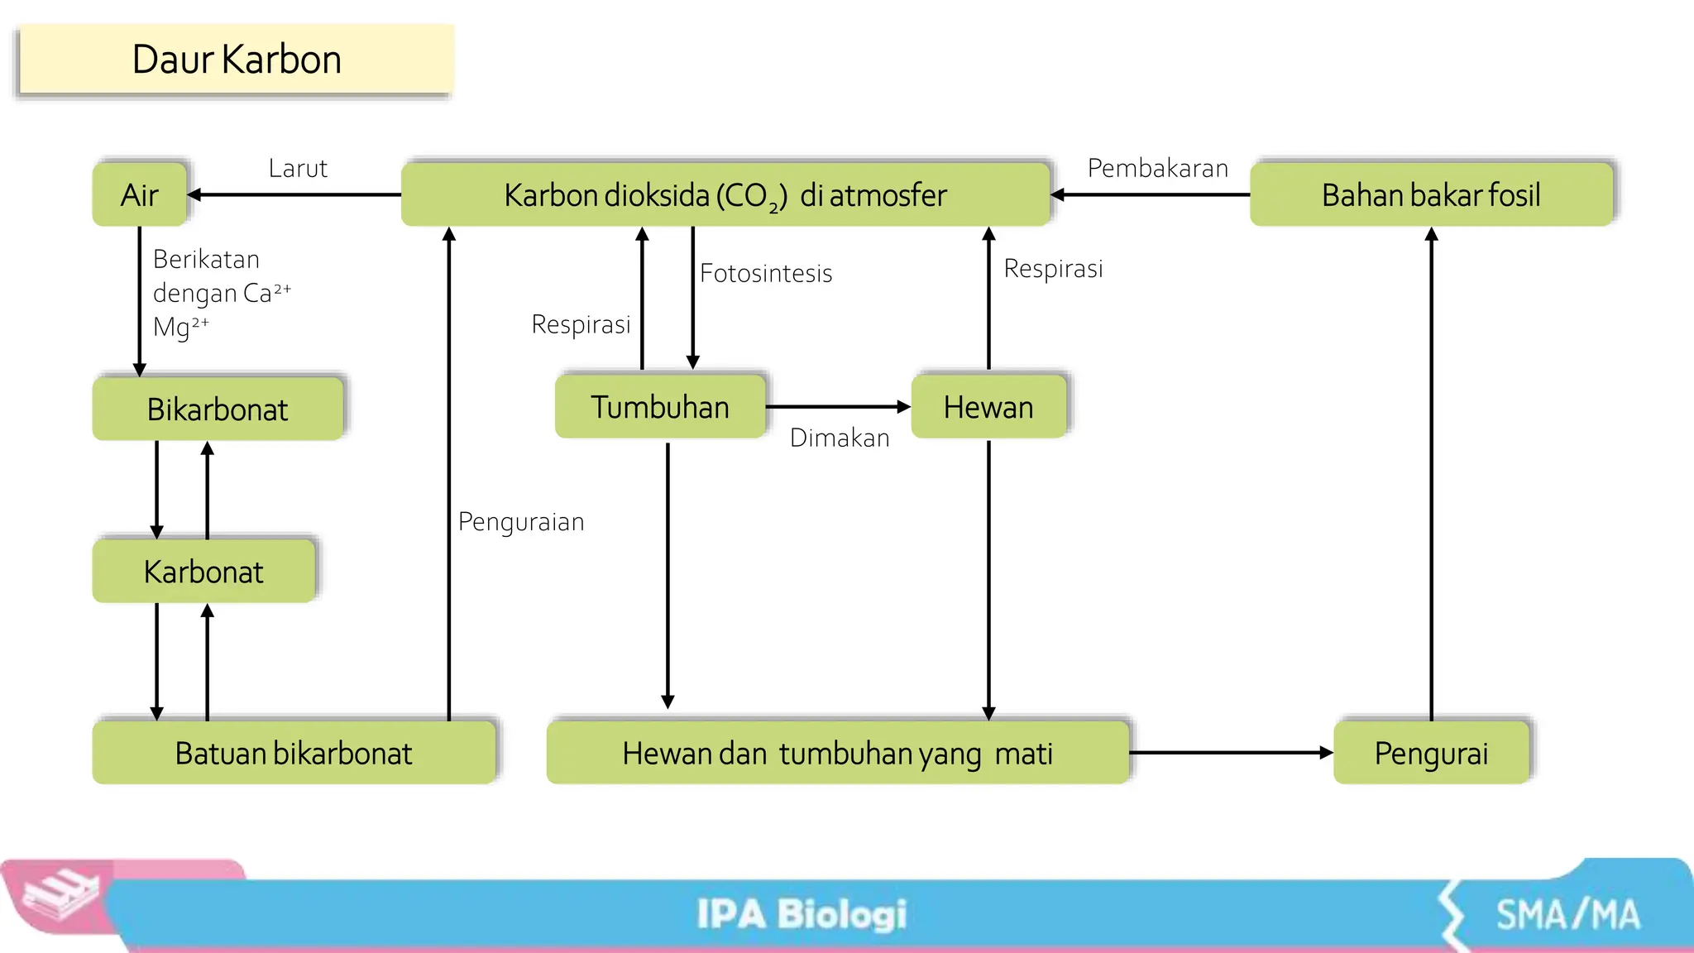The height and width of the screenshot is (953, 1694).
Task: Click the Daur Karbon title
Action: tap(236, 60)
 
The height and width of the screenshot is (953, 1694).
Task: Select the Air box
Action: tap(139, 195)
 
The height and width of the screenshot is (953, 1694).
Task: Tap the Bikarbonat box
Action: tap(218, 409)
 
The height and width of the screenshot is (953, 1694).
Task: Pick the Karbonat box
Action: tap(203, 572)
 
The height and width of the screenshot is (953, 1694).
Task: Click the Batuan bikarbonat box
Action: tap(294, 754)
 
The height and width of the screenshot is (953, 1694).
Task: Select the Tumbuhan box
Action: tap(660, 407)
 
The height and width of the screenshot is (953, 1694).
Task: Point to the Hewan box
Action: tap(988, 407)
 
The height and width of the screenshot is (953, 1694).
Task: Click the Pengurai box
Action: tap(1431, 754)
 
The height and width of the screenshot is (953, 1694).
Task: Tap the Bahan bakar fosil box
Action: tap(1431, 195)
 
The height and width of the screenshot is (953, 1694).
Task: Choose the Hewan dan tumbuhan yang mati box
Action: tap(837, 754)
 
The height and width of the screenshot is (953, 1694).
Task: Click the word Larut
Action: tap(298, 169)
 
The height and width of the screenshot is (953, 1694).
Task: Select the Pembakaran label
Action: tap(1157, 169)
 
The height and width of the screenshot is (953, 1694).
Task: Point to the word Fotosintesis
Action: tap(766, 274)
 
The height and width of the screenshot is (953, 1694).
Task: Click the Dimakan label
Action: tap(840, 438)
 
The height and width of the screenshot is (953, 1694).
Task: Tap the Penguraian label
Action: tap(521, 522)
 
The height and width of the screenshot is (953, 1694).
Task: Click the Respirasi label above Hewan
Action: tap(1053, 269)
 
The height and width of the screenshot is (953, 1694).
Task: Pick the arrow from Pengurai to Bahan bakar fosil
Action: tap(1432, 472)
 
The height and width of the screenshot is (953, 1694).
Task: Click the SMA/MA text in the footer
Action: tap(1567, 915)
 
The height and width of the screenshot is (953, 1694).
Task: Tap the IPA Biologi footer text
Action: tap(802, 915)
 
